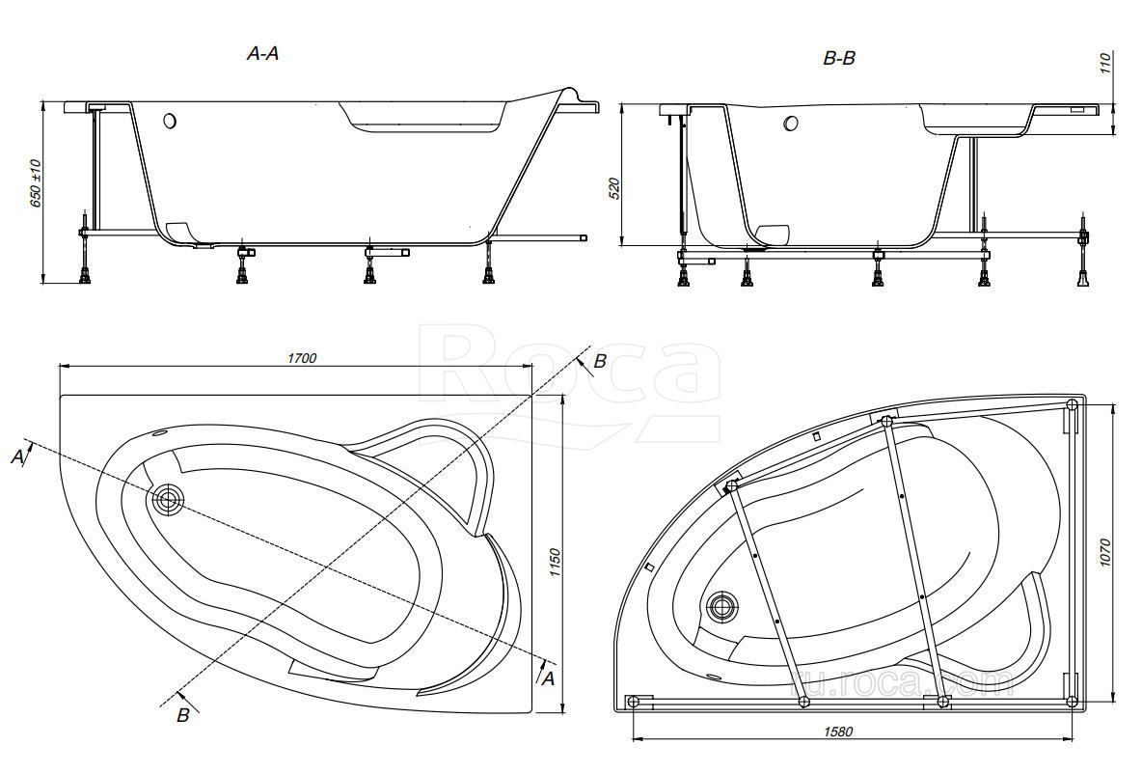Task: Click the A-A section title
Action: (263, 53)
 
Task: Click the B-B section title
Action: (839, 58)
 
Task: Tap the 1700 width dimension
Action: (302, 358)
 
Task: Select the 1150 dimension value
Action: (555, 564)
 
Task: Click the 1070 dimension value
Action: (1104, 553)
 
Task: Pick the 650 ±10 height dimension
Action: (36, 182)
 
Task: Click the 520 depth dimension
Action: (614, 189)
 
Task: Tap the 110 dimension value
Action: (1104, 64)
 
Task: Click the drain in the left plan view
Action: (168, 500)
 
